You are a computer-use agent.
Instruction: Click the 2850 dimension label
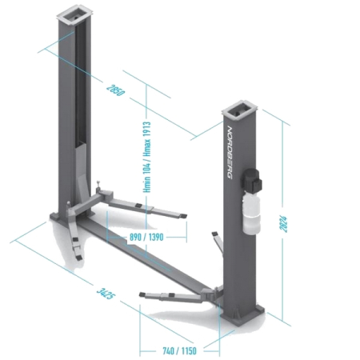tap(115, 90)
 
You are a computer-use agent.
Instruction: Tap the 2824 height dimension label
tap(283, 224)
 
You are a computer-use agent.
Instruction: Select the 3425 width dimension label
tap(106, 294)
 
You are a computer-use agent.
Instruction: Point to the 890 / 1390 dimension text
tap(146, 237)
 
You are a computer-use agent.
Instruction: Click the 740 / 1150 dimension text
tap(179, 350)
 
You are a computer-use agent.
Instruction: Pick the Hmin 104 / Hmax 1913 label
tap(147, 157)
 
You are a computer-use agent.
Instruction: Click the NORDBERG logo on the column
tap(230, 152)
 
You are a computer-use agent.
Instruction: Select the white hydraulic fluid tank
tap(251, 214)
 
